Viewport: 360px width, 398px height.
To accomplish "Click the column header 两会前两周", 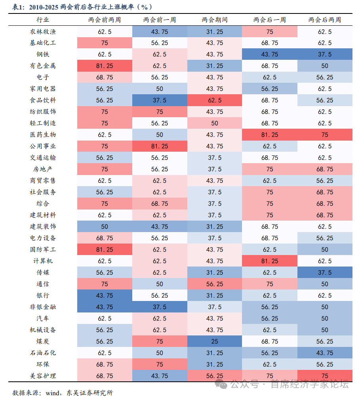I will point(105,20).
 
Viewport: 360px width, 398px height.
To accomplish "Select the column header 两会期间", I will point(215,20).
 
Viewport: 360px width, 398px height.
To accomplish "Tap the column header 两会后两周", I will point(325,20).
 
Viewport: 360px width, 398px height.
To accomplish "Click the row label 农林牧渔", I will point(43,32).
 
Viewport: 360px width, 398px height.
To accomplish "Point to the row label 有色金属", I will point(43,66).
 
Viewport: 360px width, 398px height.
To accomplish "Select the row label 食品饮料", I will point(43,101).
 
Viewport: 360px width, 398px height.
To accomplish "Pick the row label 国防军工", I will point(43,250).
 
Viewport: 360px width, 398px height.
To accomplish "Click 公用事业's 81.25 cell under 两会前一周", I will point(160,147).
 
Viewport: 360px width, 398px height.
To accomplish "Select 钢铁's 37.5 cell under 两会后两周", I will point(325,55).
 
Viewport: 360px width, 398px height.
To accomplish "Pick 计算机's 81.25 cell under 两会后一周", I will point(270,261).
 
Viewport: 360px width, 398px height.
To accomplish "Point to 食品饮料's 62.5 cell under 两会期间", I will point(215,101).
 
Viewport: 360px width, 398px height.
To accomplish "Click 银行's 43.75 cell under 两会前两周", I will point(105,296).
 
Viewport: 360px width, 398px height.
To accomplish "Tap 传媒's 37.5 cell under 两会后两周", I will point(325,273).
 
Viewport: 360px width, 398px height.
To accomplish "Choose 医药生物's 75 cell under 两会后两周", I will point(325,135).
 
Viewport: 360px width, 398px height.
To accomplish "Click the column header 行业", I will point(43,20).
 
